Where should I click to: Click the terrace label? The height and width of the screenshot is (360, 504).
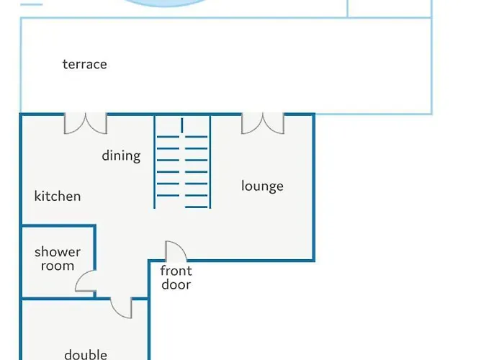coord(84,64)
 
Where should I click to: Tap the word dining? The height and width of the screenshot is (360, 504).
coord(121,156)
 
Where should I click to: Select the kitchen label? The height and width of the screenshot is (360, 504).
coord(58,196)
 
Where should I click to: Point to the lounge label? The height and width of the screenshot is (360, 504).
coord(262,186)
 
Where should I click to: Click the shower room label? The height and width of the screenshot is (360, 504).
coord(58,259)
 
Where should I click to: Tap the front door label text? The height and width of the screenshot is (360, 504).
coord(176,278)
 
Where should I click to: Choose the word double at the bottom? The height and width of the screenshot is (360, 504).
coord(86,354)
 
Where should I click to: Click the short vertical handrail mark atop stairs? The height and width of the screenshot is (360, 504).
coord(182,125)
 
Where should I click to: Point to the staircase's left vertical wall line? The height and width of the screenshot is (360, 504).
coord(155,162)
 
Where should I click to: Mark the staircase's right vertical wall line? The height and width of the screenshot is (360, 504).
coord(210,162)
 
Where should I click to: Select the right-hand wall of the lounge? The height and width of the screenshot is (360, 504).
coord(313,187)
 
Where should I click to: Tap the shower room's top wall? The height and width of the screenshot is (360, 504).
coord(58,226)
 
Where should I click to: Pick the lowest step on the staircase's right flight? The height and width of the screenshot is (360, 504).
coord(197,207)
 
